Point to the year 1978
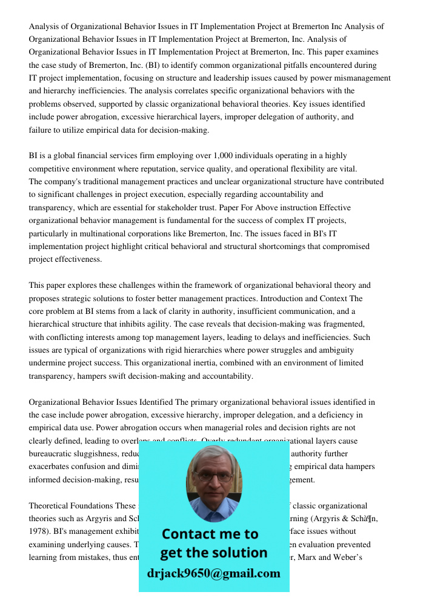[x=39, y=531]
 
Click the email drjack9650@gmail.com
[x=213, y=573]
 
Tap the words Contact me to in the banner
[x=210, y=534]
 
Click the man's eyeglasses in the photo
[x=213, y=476]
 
